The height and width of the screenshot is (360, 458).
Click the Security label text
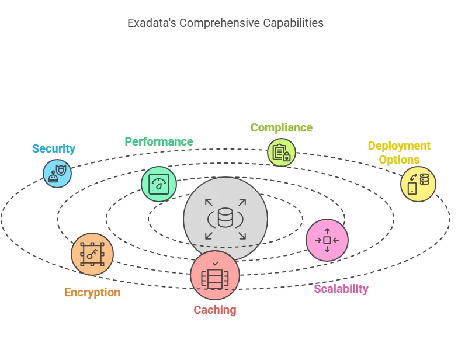point(54,148)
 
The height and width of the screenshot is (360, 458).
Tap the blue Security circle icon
point(57,173)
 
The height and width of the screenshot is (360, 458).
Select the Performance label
point(158,141)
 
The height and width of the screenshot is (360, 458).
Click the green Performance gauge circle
point(159,184)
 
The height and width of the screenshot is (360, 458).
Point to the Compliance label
point(281,127)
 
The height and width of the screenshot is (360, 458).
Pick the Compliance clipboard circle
point(282,153)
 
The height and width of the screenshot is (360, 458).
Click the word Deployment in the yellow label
point(399,146)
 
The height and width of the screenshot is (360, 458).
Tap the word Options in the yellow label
point(399,160)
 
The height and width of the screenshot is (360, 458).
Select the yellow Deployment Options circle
point(418,184)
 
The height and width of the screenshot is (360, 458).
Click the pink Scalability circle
point(327,240)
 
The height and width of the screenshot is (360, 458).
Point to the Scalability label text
point(341,289)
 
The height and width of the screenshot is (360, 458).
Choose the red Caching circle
point(215,275)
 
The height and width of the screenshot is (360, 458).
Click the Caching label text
point(215,310)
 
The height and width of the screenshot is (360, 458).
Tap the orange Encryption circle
point(92,254)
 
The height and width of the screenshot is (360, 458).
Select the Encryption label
point(92,292)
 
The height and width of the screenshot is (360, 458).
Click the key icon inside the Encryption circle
point(92,254)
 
